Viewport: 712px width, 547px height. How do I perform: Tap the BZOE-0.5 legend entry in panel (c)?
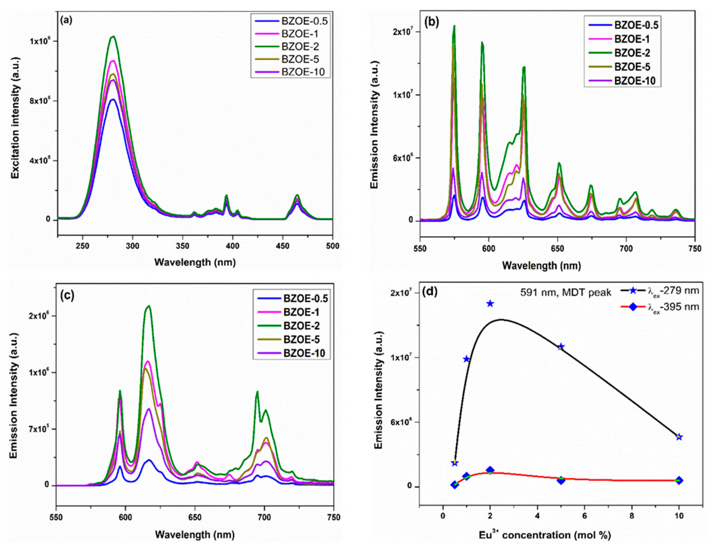click(x=305, y=299)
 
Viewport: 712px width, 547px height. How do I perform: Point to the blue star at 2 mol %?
click(x=490, y=304)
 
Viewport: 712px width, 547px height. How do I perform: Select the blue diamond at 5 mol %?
click(x=561, y=480)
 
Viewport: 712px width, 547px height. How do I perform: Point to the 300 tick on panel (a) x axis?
click(x=132, y=246)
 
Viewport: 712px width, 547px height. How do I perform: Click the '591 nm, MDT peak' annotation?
click(x=566, y=292)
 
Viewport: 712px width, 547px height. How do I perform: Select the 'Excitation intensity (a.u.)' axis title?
click(x=15, y=118)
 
